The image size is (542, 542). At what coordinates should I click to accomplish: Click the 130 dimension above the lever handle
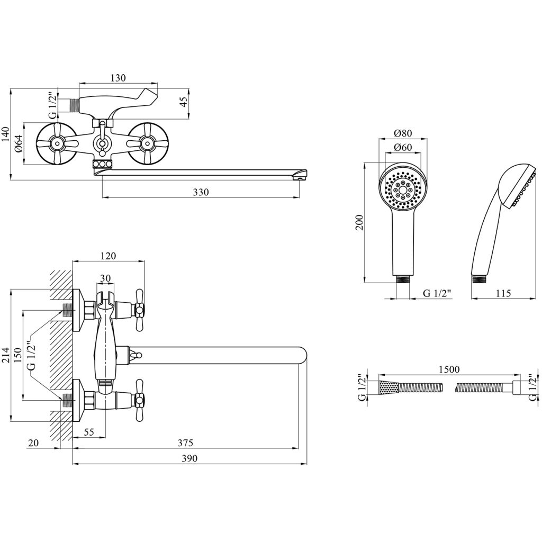click(x=118, y=78)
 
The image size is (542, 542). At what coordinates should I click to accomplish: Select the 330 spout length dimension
click(x=201, y=192)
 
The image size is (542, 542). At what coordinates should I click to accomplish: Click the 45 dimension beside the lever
click(x=184, y=102)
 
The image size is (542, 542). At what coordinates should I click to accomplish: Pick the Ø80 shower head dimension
click(x=403, y=134)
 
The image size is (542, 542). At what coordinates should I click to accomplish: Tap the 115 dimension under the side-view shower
click(x=504, y=293)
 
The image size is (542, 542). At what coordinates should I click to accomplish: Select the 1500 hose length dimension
click(x=449, y=369)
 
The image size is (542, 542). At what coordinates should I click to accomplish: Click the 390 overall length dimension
click(x=189, y=458)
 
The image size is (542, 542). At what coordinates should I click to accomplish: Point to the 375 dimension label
click(x=185, y=442)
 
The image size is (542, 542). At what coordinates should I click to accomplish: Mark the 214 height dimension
click(x=6, y=356)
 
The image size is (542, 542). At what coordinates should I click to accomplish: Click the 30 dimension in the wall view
click(x=105, y=278)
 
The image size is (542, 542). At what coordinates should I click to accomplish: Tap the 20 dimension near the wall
click(x=34, y=442)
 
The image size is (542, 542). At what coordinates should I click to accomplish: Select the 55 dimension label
click(x=88, y=432)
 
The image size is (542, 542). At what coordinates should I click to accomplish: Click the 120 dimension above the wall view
click(x=108, y=256)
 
